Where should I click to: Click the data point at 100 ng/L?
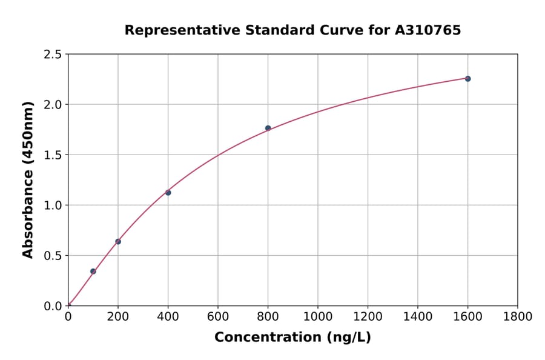tap(93, 272)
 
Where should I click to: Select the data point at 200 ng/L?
tap(118, 242)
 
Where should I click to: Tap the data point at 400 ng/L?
tap(168, 193)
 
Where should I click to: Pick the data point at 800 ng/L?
tap(268, 128)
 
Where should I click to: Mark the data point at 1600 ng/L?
tap(467, 79)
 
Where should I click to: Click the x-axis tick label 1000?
tap(318, 317)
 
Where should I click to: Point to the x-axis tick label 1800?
tap(517, 317)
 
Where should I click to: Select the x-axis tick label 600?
tap(218, 317)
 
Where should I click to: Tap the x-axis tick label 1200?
tap(368, 317)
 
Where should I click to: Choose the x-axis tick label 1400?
tap(417, 317)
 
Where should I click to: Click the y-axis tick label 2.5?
tap(53, 55)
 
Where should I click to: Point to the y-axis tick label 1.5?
tap(53, 155)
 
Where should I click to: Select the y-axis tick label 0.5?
tap(53, 256)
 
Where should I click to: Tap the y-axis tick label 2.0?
tap(53, 105)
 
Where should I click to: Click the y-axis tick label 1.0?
tap(53, 205)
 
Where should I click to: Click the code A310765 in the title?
tap(428, 30)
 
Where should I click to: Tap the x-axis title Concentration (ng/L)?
tap(292, 338)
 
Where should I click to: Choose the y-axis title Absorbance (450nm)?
tap(28, 180)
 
